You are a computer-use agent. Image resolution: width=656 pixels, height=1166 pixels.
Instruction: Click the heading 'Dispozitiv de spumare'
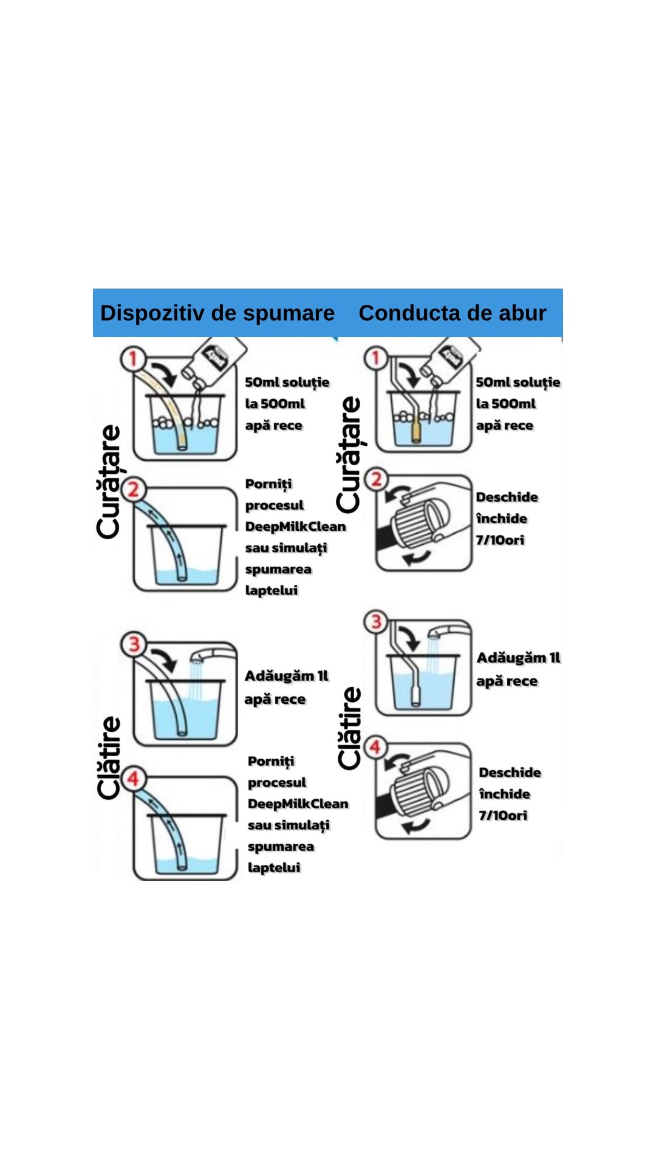[217, 313]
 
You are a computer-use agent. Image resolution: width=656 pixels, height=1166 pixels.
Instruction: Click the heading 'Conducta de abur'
[453, 313]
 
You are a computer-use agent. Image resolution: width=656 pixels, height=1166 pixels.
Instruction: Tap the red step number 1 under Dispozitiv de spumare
[132, 358]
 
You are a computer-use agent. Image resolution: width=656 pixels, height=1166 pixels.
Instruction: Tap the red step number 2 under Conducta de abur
[376, 479]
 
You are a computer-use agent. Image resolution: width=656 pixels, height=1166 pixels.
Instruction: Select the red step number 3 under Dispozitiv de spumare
[134, 644]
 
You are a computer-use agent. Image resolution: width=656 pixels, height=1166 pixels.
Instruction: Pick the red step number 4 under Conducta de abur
[375, 747]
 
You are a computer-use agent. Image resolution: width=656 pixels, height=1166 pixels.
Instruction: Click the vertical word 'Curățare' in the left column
[110, 482]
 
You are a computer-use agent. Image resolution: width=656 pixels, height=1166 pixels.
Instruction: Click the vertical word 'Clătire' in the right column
[350, 728]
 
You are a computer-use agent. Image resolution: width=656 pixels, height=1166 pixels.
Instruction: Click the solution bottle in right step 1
[448, 361]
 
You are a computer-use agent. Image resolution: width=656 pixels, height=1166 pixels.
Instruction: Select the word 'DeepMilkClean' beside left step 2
[295, 527]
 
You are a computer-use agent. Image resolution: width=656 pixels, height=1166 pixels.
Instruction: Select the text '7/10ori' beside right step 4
[503, 816]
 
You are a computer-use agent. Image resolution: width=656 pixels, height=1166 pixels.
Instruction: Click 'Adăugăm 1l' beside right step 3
[518, 658]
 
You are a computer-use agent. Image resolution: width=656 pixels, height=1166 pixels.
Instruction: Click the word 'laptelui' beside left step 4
[274, 867]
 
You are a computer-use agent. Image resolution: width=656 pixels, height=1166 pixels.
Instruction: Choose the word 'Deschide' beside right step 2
[507, 497]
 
